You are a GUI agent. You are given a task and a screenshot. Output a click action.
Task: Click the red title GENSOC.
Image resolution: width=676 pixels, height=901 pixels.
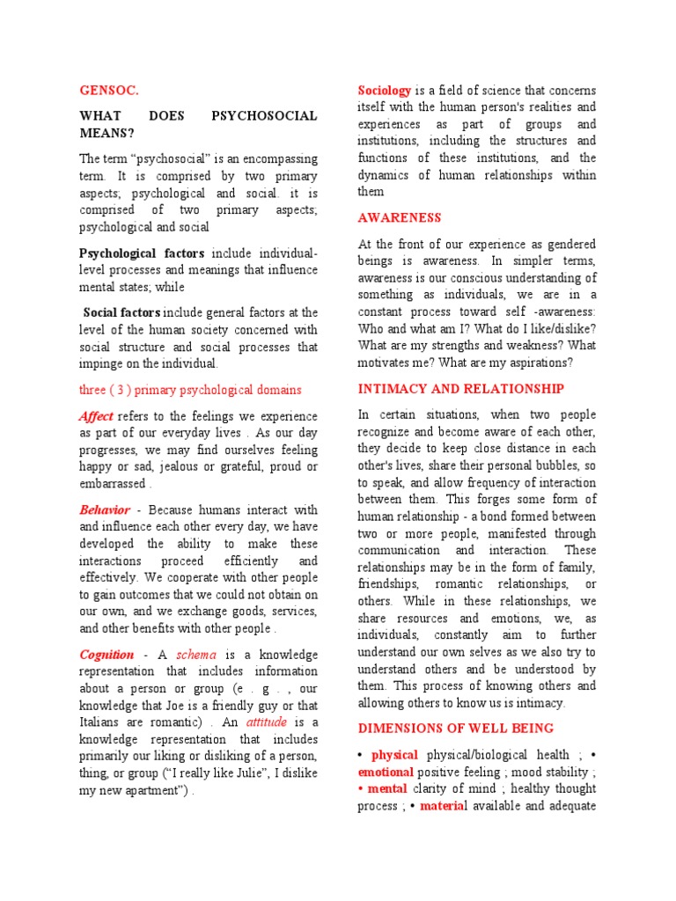pos(109,90)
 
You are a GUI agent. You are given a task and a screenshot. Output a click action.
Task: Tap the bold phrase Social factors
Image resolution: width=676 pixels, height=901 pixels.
pos(121,312)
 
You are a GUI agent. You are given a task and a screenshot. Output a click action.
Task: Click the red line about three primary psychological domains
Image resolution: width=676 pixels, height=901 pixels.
pos(190,390)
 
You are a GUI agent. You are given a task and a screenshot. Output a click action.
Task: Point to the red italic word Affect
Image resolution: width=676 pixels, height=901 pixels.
pos(96,415)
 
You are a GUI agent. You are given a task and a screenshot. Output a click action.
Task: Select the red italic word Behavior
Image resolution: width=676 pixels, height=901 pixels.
pos(105,509)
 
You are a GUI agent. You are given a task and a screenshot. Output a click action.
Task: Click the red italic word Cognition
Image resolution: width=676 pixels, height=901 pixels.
pos(107,655)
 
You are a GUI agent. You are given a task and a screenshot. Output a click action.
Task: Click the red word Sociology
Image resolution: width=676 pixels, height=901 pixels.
pos(385,91)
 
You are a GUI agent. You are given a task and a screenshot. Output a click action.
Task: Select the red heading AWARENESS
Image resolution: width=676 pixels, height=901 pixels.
pos(399,217)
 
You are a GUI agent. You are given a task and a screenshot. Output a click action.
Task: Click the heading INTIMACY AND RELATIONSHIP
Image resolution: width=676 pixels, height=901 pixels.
pos(460,388)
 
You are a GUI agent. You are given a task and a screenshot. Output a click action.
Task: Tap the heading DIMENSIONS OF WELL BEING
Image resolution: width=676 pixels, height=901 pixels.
pos(455,728)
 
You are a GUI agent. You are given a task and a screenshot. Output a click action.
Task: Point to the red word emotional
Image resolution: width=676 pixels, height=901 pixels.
pos(386,772)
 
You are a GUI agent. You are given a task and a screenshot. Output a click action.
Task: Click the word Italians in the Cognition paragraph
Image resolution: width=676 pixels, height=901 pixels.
pos(103,722)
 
